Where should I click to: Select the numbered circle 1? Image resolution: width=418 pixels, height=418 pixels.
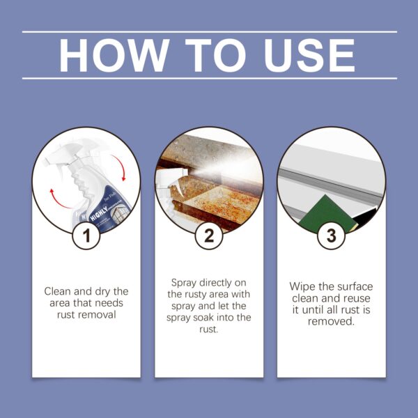pyautogui.click(x=86, y=235)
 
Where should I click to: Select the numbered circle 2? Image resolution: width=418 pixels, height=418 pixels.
pyautogui.click(x=209, y=235)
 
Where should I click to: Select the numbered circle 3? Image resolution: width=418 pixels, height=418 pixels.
pyautogui.click(x=332, y=235)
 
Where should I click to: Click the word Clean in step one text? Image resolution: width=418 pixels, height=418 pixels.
pyautogui.click(x=58, y=291)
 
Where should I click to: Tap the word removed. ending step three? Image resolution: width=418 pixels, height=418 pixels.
pyautogui.click(x=332, y=323)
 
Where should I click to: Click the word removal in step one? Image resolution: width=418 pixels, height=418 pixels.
pyautogui.click(x=101, y=314)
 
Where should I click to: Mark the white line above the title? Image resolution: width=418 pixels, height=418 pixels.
pyautogui.click(x=209, y=32)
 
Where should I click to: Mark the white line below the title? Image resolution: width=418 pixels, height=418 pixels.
pyautogui.click(x=209, y=78)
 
